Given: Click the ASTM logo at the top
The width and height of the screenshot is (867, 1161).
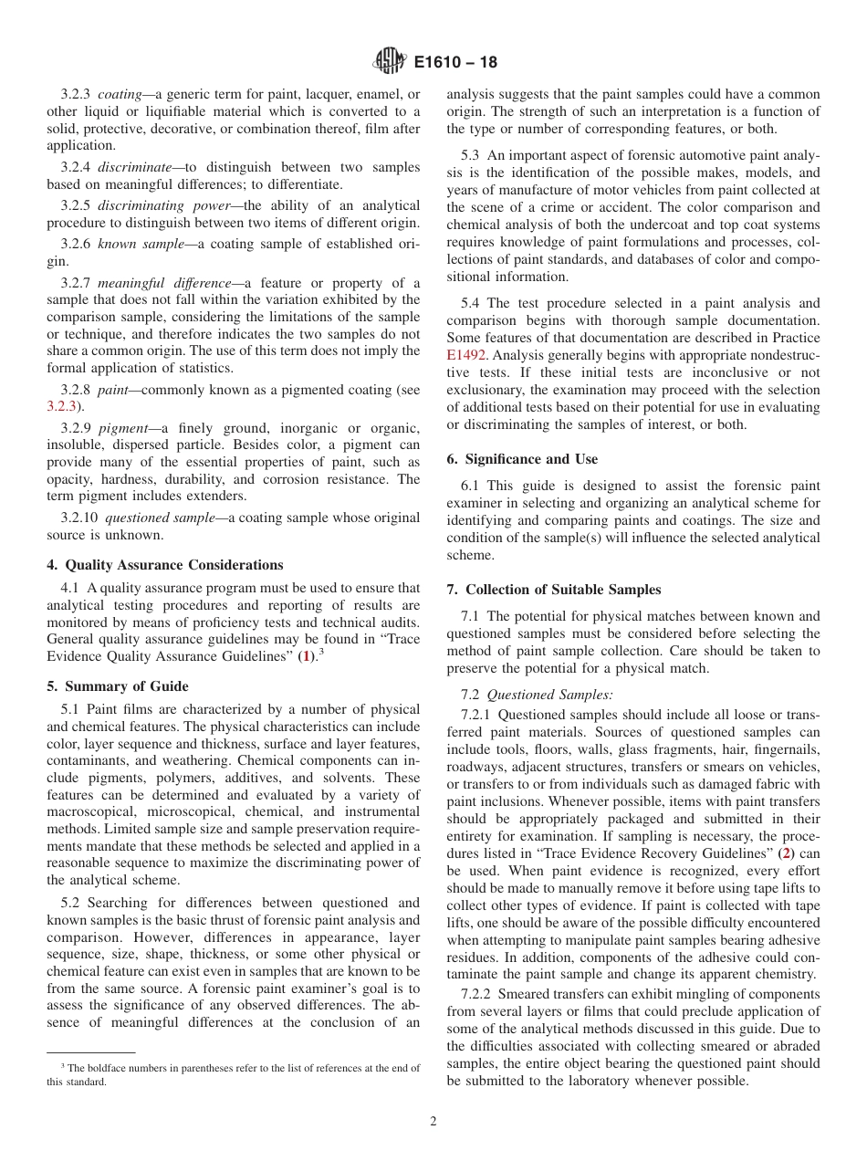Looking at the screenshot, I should [390, 62].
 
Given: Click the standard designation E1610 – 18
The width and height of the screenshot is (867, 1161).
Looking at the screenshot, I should [455, 63].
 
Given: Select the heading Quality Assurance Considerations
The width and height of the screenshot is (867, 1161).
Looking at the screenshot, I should [173, 565].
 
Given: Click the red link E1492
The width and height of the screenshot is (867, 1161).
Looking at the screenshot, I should [465, 355].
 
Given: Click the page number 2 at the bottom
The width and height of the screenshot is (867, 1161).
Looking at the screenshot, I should [433, 1122].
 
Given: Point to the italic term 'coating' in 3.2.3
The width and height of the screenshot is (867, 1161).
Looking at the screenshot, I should [120, 94].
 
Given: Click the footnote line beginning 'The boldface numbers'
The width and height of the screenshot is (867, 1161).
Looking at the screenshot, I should [234, 1068].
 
